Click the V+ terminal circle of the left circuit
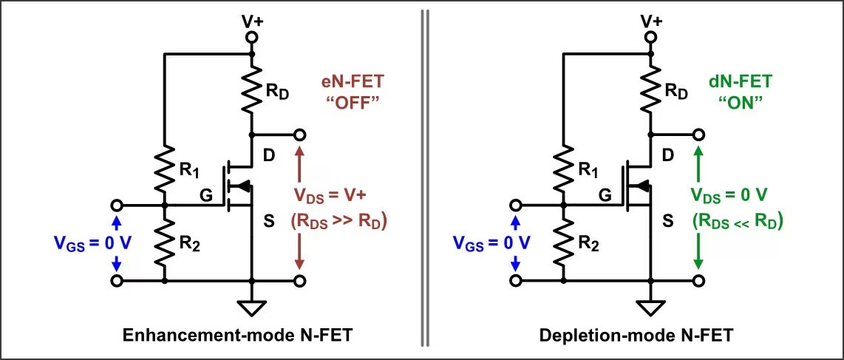point(252,36)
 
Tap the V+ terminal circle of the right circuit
point(651,36)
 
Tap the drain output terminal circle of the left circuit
point(300,135)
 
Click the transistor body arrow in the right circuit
point(641,185)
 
